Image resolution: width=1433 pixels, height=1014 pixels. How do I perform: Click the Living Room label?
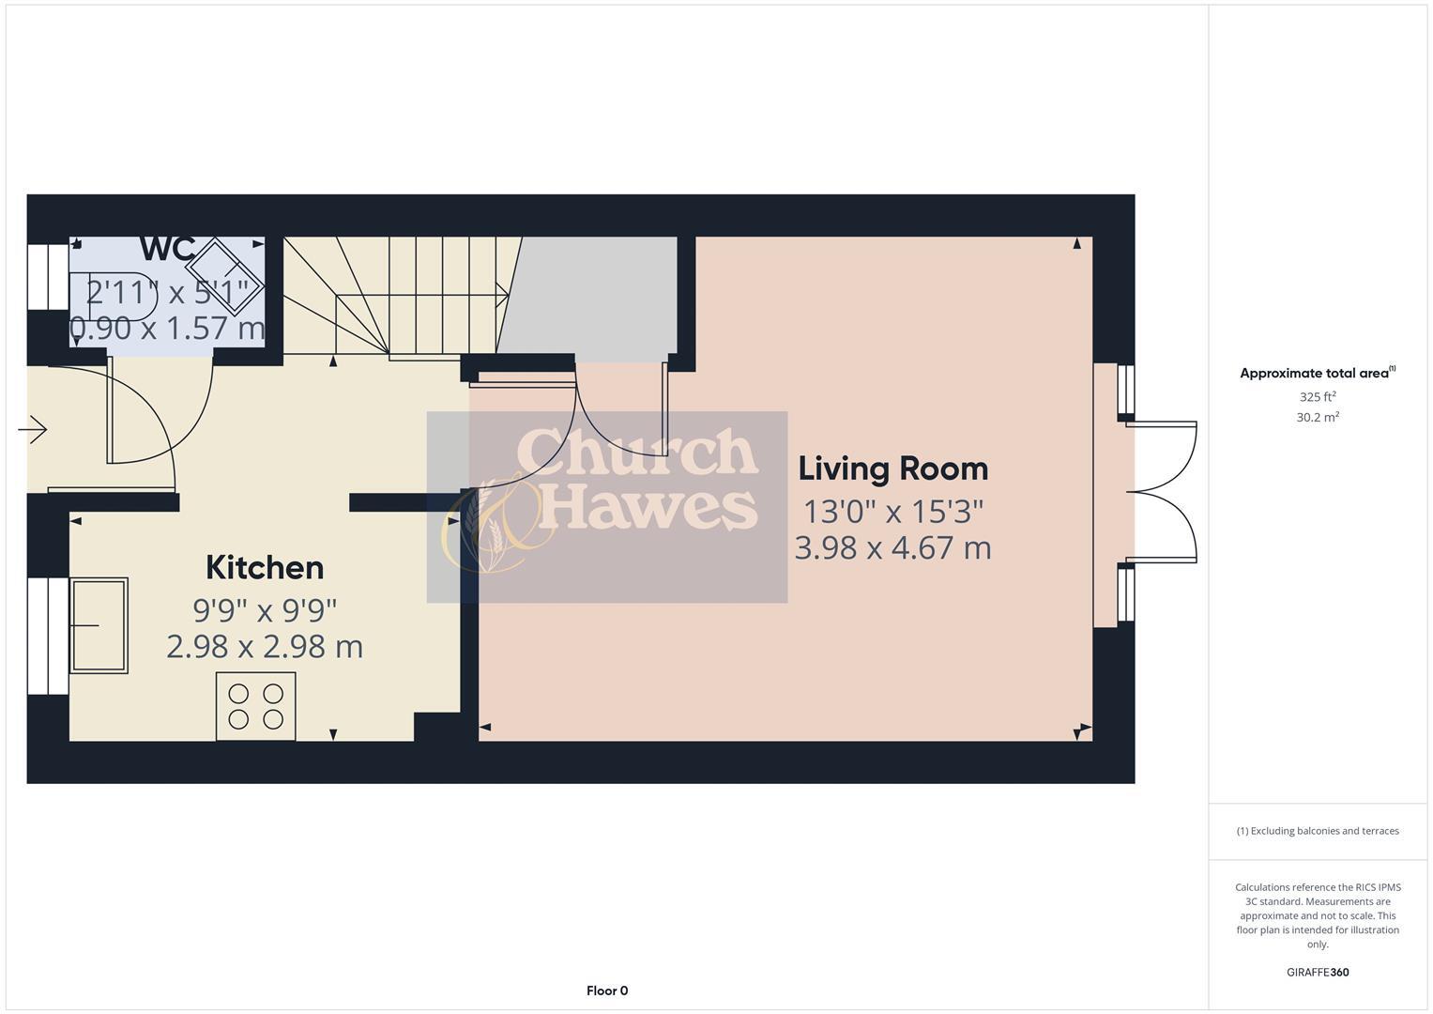coord(892,469)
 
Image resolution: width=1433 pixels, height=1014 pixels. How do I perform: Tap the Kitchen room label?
coord(265,568)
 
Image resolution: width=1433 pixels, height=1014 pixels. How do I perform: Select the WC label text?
coord(167,250)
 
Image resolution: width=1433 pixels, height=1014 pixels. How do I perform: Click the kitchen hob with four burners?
coord(256,706)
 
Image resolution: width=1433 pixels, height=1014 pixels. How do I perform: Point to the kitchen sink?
coord(99,625)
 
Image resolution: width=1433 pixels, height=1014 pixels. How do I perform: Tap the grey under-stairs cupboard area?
coord(591,296)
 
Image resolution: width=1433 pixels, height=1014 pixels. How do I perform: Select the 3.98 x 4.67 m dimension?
coord(892,547)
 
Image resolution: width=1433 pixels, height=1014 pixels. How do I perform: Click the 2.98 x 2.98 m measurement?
coord(265,647)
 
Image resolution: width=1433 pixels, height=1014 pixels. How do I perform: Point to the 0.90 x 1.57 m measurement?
coord(168,329)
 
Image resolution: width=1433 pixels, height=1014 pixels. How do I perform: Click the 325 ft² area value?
coord(1317,397)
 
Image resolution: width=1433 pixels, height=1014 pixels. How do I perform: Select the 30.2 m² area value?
coord(1317,418)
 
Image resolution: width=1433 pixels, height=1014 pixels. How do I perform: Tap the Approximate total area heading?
coord(1317,374)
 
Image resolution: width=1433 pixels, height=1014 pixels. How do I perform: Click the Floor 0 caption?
coord(607,991)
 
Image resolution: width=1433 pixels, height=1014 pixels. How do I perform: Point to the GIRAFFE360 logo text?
coord(1317,973)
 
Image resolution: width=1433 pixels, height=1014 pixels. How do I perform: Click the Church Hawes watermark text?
coord(638,479)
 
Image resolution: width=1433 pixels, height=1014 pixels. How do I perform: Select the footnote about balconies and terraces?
coord(1317,831)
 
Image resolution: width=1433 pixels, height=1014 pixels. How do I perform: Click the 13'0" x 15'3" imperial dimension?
coord(892,512)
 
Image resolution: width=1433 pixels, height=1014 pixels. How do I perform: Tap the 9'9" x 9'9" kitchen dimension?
coord(265,610)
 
